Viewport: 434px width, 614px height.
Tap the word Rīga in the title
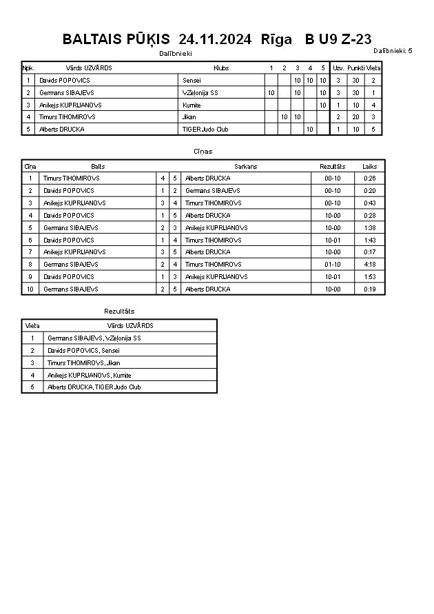click(276, 39)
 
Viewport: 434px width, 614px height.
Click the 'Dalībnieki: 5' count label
click(393, 50)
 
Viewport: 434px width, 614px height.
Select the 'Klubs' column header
click(221, 68)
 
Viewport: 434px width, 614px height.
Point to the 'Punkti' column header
click(356, 68)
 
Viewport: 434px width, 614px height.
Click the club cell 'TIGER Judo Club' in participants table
click(200, 129)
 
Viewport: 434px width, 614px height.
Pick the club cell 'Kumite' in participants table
click(192, 105)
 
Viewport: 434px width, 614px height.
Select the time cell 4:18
click(370, 264)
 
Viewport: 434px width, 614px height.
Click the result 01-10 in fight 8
click(333, 264)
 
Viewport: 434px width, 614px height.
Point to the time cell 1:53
click(370, 276)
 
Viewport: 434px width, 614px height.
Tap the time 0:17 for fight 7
click(370, 252)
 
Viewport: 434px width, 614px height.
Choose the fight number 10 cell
click(30, 289)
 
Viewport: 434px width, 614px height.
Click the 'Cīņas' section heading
click(203, 151)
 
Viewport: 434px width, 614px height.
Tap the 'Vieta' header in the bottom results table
click(32, 325)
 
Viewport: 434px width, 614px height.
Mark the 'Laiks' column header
click(370, 166)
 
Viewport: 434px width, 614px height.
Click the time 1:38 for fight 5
click(370, 227)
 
